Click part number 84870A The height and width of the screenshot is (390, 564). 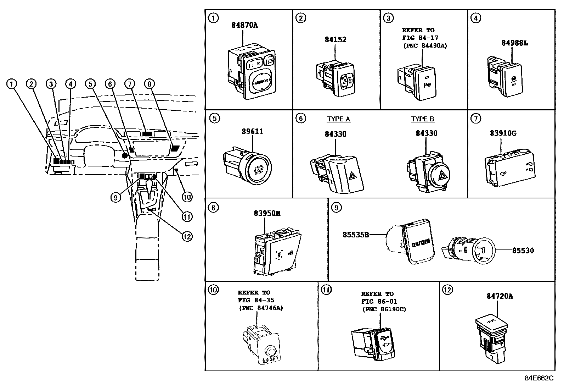point(245,25)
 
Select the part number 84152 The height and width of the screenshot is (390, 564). point(335,40)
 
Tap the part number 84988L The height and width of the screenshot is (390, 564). point(514,43)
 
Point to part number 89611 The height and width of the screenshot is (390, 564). point(253,132)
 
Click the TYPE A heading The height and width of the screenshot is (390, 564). point(338,119)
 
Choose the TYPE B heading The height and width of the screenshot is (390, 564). point(423,119)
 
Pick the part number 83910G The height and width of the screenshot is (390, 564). point(503,133)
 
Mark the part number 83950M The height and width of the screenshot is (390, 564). point(267,213)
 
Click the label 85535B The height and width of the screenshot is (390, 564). point(356,235)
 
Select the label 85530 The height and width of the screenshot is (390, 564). point(523,251)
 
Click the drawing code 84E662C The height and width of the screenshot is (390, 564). point(539,378)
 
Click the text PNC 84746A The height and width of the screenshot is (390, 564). point(261,308)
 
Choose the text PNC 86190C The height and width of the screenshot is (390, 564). point(384,309)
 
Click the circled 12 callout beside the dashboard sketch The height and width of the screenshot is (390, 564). point(187,236)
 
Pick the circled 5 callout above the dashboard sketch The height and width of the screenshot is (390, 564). point(90,84)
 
